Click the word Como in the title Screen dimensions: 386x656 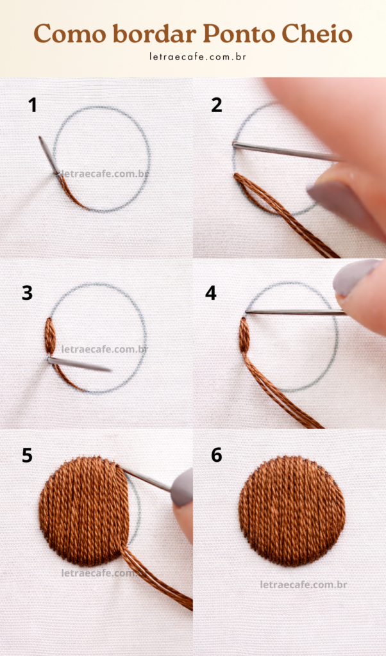click(70, 34)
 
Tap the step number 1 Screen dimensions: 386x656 click(32, 106)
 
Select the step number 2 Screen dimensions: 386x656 click(217, 106)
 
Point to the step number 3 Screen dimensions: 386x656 click(27, 293)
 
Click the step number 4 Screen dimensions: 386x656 click(211, 293)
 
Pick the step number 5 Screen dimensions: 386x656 click(27, 455)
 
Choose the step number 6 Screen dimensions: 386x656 click(217, 455)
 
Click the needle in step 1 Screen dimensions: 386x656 click(49, 155)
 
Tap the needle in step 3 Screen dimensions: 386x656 click(79, 365)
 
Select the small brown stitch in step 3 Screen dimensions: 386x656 click(50, 336)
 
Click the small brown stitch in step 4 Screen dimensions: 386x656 click(244, 334)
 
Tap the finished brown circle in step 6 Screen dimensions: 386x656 click(292, 511)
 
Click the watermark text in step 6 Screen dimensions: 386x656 click(303, 584)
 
